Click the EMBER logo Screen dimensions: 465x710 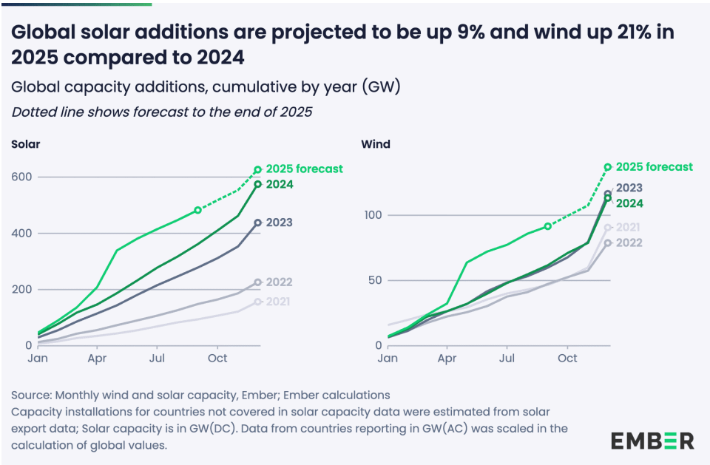click(x=652, y=441)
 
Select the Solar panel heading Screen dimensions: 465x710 click(x=25, y=144)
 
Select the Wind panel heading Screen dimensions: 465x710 click(x=375, y=144)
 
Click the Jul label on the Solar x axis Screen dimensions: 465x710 click(x=156, y=359)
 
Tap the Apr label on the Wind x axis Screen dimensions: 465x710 click(x=447, y=359)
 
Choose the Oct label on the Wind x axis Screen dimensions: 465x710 click(x=567, y=359)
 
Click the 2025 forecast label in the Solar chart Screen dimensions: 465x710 click(x=304, y=169)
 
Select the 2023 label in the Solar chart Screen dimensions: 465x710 click(x=280, y=223)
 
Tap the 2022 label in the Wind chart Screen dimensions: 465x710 click(x=629, y=242)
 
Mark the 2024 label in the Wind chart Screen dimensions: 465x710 click(x=629, y=203)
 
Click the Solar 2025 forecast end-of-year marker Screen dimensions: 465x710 click(x=257, y=170)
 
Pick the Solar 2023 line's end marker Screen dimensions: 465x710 click(x=257, y=223)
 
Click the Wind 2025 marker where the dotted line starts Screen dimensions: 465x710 click(x=547, y=226)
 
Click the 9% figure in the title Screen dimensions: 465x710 click(x=396, y=33)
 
